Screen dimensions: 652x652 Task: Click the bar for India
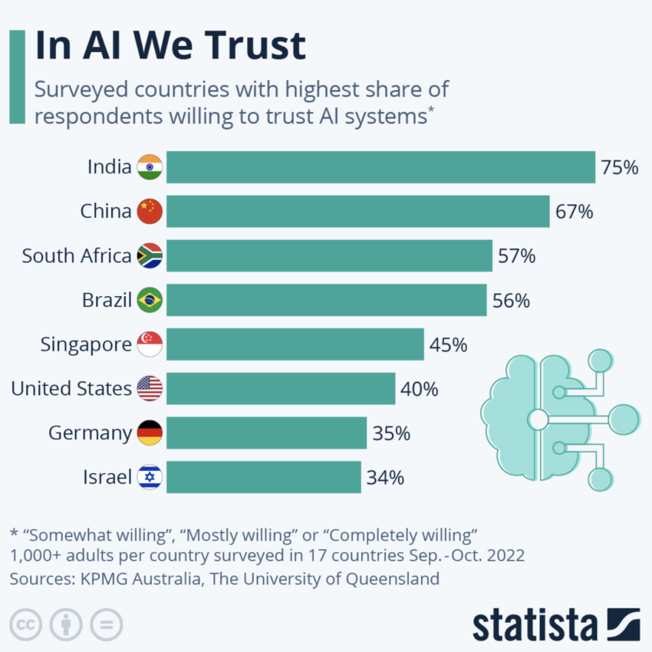[x=380, y=167]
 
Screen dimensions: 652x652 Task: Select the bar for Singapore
[x=295, y=344]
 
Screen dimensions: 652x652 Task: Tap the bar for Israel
[x=263, y=477]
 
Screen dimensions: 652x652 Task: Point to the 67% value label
[x=574, y=212]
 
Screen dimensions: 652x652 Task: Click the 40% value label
[x=419, y=389]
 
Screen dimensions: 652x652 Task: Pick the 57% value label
[x=516, y=256]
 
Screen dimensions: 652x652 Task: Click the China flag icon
[x=149, y=212]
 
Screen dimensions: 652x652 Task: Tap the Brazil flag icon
[x=149, y=300]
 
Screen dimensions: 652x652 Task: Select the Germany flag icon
[x=149, y=433]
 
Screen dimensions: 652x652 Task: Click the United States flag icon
[x=149, y=389]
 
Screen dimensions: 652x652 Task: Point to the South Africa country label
[x=76, y=256]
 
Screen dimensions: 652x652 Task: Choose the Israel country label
[x=107, y=477]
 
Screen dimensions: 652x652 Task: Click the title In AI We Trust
[x=170, y=46]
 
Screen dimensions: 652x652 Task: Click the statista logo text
[x=534, y=624]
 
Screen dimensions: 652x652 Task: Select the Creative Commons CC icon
[x=27, y=623]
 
